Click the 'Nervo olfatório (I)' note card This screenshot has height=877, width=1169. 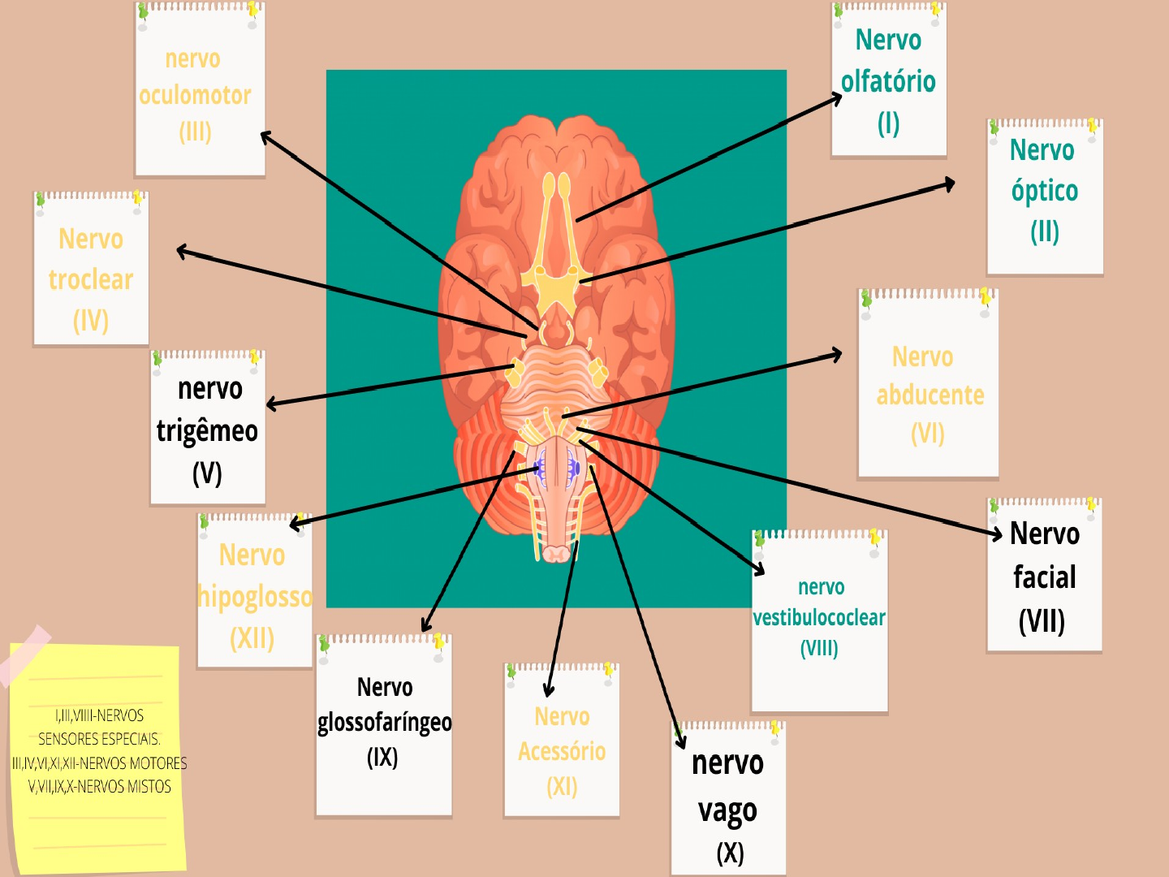click(889, 81)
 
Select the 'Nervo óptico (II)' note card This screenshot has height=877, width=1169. click(1045, 195)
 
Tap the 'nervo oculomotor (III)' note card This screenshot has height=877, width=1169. click(199, 93)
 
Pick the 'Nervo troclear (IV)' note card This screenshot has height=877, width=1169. click(91, 272)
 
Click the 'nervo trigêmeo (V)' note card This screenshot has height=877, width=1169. click(208, 430)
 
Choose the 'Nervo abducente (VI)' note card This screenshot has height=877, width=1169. click(928, 390)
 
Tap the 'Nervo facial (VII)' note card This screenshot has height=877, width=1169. click(1045, 577)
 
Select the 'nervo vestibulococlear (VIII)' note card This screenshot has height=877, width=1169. click(820, 621)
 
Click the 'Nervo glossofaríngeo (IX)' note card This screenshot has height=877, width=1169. click(384, 723)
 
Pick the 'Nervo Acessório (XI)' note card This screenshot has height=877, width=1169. click(562, 747)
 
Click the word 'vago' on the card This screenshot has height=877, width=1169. click(727, 811)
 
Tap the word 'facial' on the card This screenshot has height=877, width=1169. click(1045, 577)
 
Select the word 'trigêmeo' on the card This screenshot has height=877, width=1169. click(207, 431)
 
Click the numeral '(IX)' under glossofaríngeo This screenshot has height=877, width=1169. click(382, 758)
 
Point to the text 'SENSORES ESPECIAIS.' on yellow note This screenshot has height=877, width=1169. click(99, 739)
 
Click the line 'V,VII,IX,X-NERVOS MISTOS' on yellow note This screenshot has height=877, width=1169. click(99, 786)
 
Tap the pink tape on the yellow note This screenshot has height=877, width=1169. click(24, 654)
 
